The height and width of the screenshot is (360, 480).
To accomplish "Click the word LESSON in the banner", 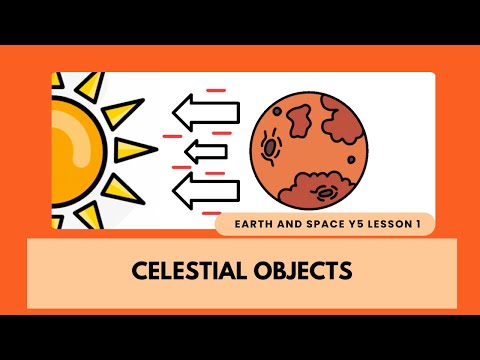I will point(389,226).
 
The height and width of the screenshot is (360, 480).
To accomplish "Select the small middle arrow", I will point(206,151).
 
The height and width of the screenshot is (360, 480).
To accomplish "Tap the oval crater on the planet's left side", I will point(271,149).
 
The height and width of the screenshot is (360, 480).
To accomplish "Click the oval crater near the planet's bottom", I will point(326,190).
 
